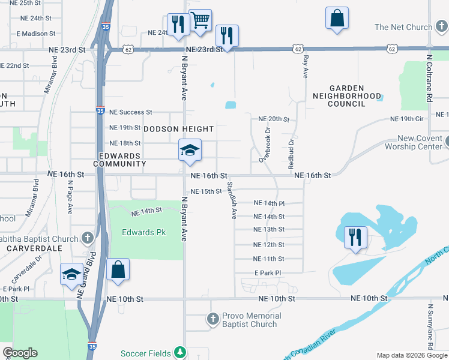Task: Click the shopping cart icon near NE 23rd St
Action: tap(200, 20)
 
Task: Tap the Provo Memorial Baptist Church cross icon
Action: tap(212, 320)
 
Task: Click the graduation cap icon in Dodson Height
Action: tap(189, 151)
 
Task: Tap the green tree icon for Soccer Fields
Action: tap(179, 352)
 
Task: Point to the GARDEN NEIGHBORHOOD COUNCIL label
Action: tap(347, 95)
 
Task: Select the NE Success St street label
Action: tap(127, 112)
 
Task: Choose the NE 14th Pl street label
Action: tap(269, 203)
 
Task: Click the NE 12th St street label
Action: tap(269, 245)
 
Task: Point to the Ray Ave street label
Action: tap(306, 66)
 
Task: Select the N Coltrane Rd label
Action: tap(429, 78)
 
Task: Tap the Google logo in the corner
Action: tap(20, 353)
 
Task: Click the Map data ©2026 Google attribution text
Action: tap(411, 355)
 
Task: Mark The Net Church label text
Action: tap(403, 27)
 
